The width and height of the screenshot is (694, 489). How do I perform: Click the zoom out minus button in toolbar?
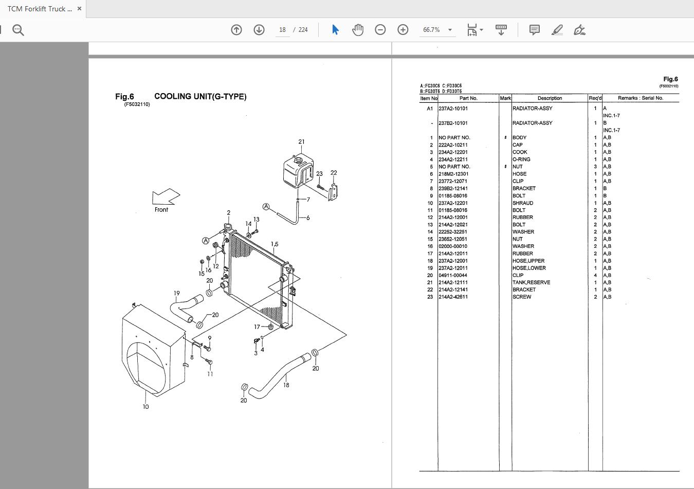[380, 30]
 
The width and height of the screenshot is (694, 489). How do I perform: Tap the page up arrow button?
[236, 30]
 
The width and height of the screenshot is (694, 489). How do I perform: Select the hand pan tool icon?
[358, 30]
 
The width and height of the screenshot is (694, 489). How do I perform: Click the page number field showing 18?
[282, 30]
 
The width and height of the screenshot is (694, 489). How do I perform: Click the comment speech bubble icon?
[535, 30]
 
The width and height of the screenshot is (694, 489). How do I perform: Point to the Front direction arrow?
[166, 198]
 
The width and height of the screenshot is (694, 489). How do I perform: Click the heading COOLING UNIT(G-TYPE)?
[200, 97]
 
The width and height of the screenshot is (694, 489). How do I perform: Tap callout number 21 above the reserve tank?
[301, 142]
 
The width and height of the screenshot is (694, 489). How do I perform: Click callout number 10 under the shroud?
[145, 407]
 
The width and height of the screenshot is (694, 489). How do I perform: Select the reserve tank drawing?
[298, 172]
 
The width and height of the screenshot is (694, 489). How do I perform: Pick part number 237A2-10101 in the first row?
[453, 108]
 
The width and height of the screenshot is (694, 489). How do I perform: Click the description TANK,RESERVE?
[531, 282]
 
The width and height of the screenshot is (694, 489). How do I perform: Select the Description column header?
[550, 98]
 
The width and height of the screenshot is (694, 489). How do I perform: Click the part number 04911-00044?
[453, 275]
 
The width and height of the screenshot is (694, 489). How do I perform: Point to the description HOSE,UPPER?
[528, 261]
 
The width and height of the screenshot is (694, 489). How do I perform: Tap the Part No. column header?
[468, 98]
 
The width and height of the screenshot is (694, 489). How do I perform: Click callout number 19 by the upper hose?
[176, 294]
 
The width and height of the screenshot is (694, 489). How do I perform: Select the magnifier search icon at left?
[19, 30]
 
